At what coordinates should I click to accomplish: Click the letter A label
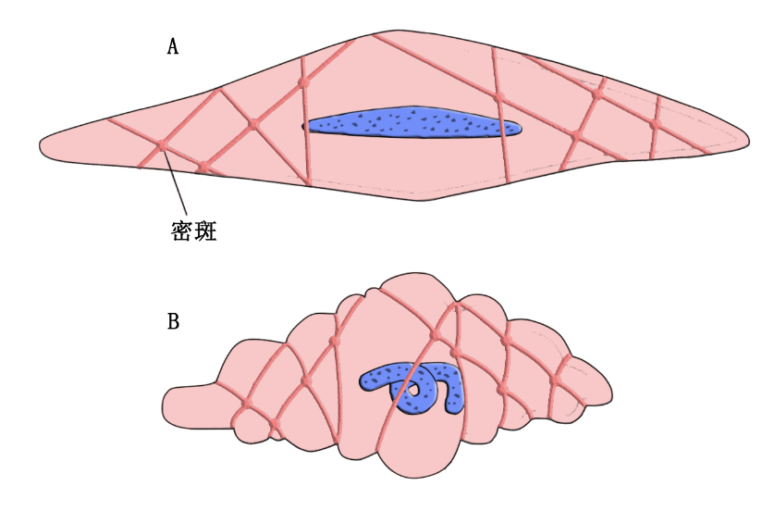[172, 46]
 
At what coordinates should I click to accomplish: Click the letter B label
[173, 321]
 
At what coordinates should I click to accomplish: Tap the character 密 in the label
[182, 231]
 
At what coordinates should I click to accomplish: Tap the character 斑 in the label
[206, 231]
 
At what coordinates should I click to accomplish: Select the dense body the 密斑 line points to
[161, 146]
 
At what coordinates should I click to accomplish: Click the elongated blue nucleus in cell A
[412, 123]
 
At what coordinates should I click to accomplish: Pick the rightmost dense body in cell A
[653, 123]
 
